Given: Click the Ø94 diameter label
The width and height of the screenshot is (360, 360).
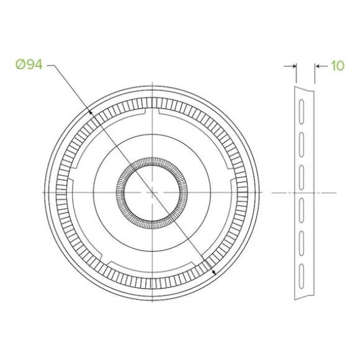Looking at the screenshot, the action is click(29, 65).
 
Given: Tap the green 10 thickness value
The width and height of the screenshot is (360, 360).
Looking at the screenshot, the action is click(338, 66).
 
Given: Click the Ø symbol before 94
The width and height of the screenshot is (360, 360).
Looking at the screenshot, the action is click(20, 65).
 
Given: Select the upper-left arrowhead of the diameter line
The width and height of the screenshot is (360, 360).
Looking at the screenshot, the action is click(91, 112).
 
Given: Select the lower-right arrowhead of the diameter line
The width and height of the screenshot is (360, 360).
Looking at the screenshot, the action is click(214, 272).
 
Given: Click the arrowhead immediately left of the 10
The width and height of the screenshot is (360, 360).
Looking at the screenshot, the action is click(318, 66).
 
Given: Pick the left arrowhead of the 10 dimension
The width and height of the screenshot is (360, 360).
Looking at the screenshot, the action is click(293, 66).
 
